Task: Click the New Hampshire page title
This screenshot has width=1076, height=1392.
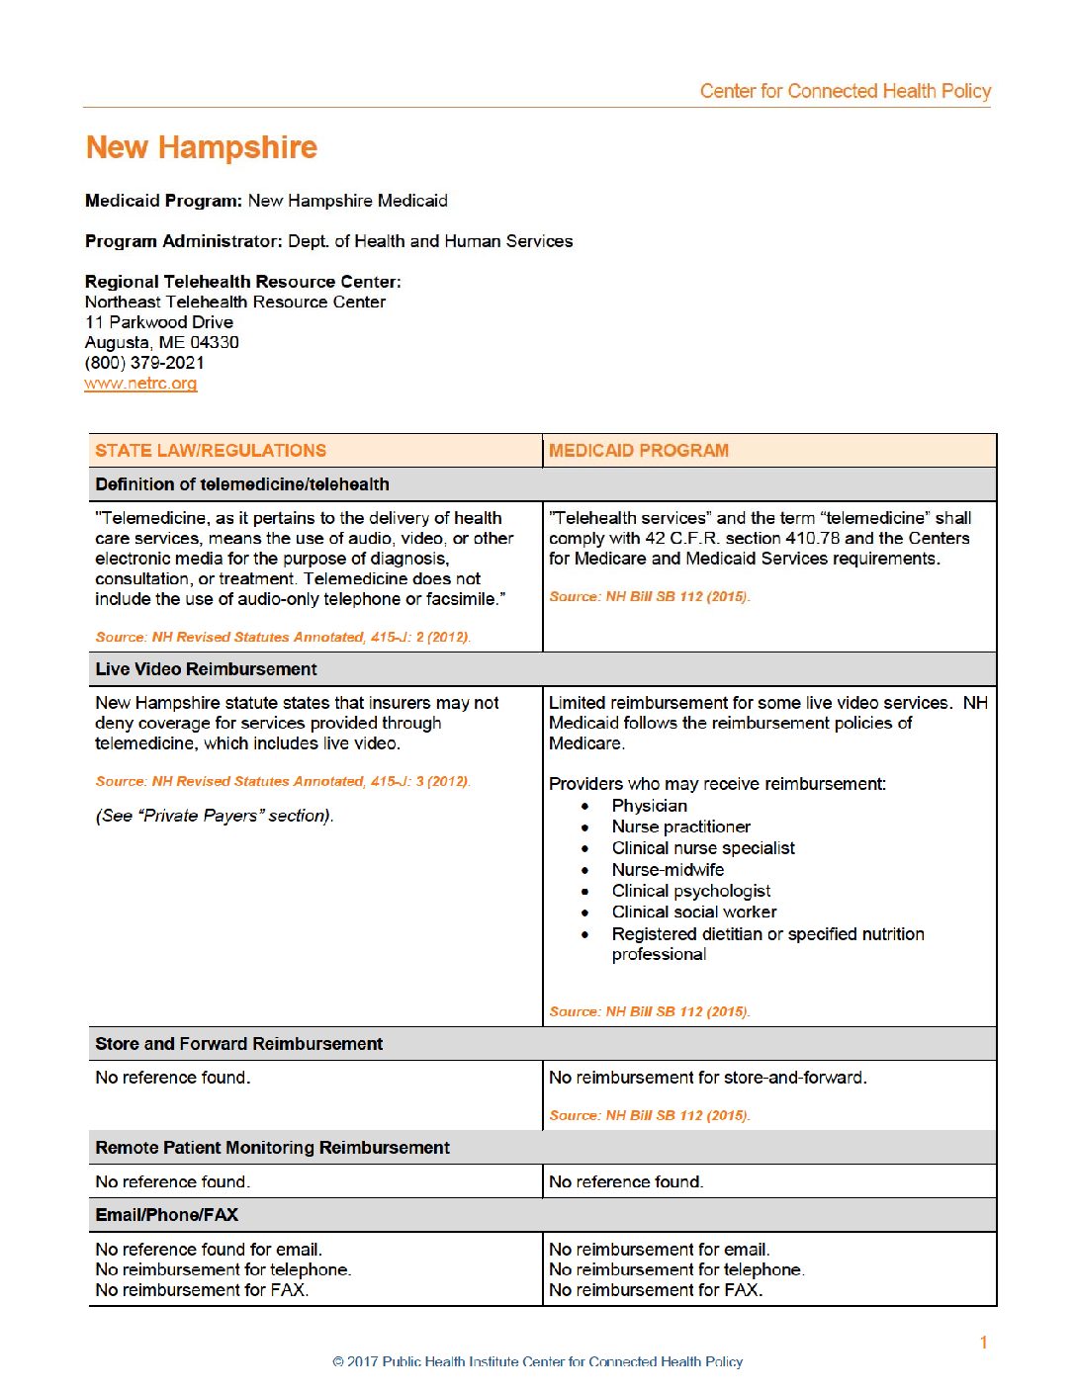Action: coord(202,147)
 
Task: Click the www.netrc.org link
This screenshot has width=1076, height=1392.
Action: coord(140,384)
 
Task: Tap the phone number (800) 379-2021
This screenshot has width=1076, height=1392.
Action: coord(144,363)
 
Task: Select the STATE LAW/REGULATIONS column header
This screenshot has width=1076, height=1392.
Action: coord(211,451)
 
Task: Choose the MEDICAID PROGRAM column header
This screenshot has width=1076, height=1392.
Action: coord(639,451)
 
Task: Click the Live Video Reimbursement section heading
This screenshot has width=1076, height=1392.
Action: coord(206,669)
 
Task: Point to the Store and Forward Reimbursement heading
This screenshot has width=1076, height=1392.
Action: coord(238,1044)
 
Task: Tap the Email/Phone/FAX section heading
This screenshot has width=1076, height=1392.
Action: coord(166,1215)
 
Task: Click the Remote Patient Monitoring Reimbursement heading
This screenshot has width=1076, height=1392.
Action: coord(272,1148)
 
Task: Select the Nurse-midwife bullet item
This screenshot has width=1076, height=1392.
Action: coord(668,870)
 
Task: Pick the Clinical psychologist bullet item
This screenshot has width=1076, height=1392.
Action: coord(691,891)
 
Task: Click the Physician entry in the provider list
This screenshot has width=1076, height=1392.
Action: coord(649,806)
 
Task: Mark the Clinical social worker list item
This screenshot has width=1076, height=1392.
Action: coord(694,912)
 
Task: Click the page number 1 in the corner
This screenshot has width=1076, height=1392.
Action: coord(983,1342)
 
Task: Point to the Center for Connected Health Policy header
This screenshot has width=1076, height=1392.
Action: coord(845,91)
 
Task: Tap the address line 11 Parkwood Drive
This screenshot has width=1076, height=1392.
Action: coord(159,322)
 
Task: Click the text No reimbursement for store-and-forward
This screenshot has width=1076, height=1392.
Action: coord(707,1078)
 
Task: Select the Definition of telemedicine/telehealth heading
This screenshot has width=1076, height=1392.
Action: coord(242,484)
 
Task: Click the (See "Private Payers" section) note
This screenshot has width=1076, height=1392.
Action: coord(215,816)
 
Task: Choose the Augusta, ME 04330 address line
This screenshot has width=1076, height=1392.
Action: coord(161,342)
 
